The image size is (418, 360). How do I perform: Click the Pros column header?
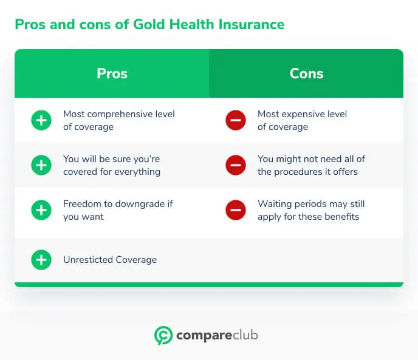[x=112, y=73]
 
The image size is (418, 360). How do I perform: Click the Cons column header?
[x=306, y=73]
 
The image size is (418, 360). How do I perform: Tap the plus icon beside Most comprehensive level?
[x=41, y=121]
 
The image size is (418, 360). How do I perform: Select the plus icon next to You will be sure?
[x=41, y=165]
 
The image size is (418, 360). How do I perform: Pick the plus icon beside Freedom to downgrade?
[x=41, y=210]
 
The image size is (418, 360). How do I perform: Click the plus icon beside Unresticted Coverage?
[x=41, y=260]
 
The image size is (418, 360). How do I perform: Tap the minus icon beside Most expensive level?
[x=235, y=121]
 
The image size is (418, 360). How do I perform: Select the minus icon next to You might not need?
[x=235, y=165]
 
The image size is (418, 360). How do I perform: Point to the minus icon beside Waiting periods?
[x=235, y=210]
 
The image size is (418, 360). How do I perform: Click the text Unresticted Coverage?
[x=110, y=260]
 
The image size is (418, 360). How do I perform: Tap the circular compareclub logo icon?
[x=163, y=335]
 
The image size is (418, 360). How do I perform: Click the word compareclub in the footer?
[x=217, y=335]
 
